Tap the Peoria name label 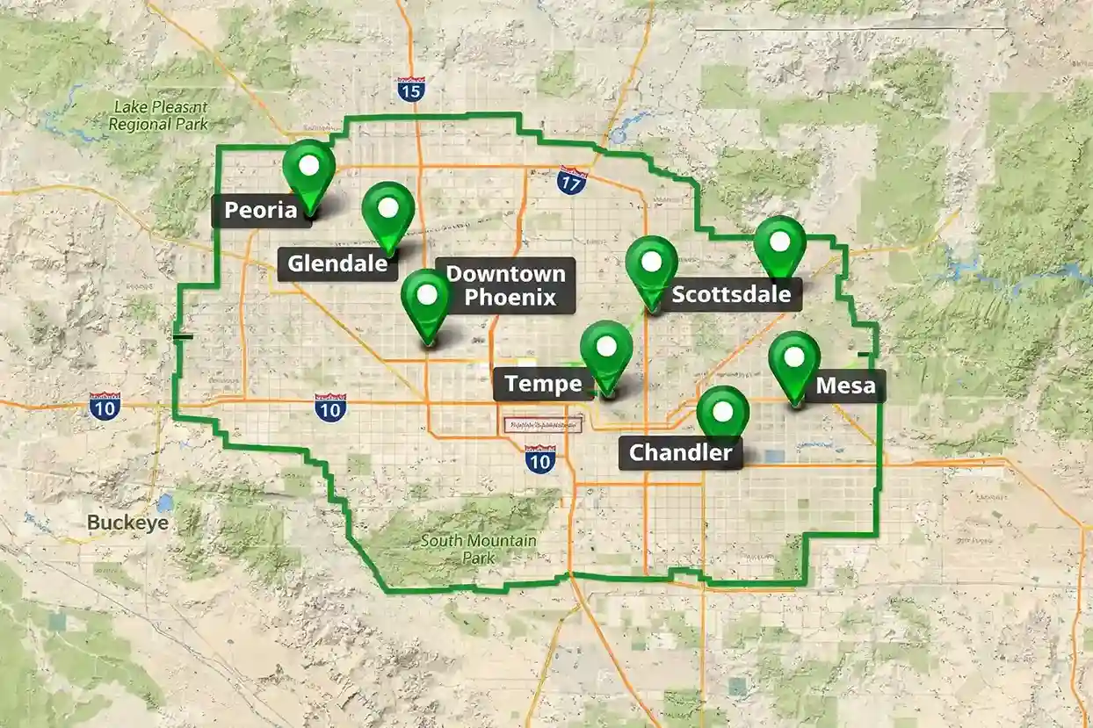click(x=262, y=211)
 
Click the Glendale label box click(x=337, y=263)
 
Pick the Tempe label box click(x=544, y=384)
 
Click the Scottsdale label click(x=731, y=294)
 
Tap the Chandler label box click(x=680, y=453)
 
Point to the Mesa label click(x=845, y=386)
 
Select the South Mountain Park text click(x=478, y=549)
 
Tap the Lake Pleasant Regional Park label click(x=159, y=115)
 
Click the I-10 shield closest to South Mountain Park click(x=540, y=458)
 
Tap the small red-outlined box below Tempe click(x=543, y=424)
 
